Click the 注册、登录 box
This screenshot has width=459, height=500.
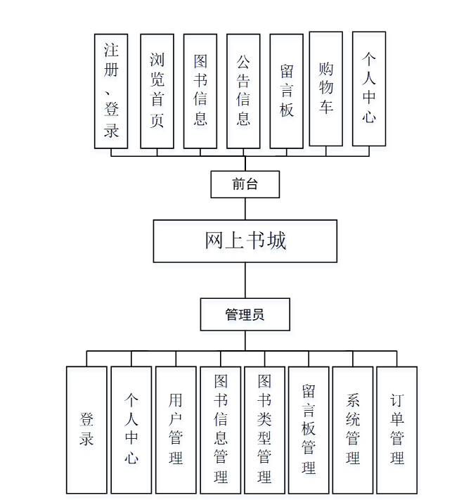111,91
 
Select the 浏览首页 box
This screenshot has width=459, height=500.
157,91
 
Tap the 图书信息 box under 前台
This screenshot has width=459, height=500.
200,91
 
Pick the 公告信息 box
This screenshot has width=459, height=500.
243,91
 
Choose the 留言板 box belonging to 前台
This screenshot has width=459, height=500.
287,91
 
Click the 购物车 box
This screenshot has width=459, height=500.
326,89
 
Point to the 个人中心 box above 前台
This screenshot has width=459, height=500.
369,89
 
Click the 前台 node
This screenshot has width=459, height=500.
245,184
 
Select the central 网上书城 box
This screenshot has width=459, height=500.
245,241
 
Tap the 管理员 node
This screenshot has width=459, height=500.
245,314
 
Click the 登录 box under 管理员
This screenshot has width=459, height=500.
87,430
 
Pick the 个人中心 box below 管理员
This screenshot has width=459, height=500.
131,430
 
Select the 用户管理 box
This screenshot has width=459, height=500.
176,430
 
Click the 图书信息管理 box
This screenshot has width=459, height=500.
220,430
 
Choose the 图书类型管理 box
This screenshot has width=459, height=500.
264,430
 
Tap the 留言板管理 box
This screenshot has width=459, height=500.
309,430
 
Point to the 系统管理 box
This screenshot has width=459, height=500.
353,430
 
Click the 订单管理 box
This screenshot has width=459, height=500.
397,430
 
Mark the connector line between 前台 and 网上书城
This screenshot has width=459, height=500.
245,209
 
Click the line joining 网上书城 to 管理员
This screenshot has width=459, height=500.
245,281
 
